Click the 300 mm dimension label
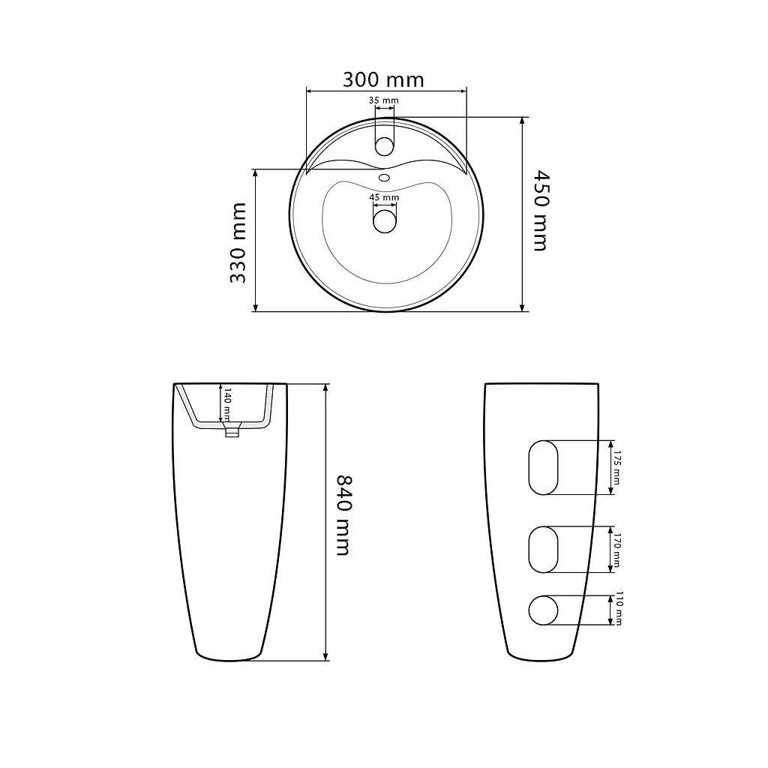383,79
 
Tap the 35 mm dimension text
383,100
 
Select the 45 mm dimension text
384,197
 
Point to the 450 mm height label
541,211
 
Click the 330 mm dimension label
238,243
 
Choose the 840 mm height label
344,515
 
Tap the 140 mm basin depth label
227,404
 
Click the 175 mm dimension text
616,468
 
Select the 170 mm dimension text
616,550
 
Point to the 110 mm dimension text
618,609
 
